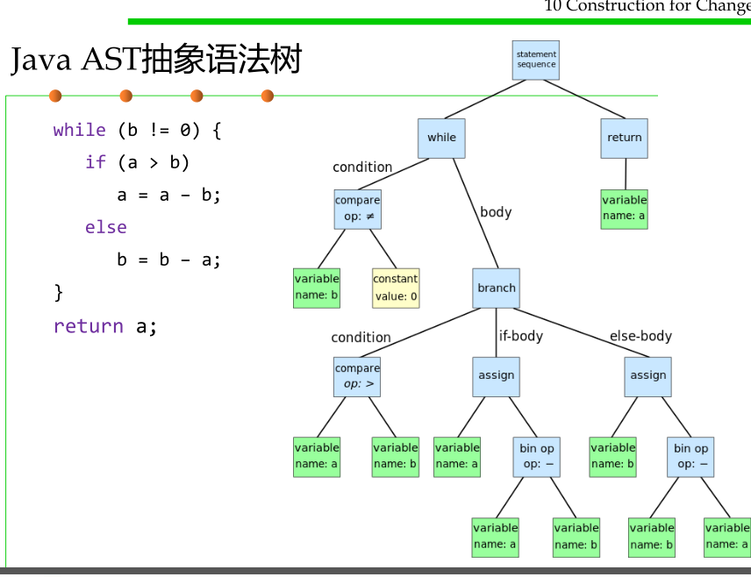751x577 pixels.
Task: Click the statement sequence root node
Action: click(535, 60)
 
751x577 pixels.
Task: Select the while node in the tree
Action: click(441, 138)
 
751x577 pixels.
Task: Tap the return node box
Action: click(624, 138)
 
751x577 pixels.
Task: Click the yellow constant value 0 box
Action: click(396, 288)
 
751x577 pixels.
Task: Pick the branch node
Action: click(496, 288)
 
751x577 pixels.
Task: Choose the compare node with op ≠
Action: click(357, 210)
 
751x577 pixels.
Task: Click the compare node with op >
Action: click(357, 377)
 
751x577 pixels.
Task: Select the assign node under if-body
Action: click(496, 377)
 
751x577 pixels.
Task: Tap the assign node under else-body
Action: click(647, 377)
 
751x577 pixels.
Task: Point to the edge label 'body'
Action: click(496, 211)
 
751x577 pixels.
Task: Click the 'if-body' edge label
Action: click(521, 336)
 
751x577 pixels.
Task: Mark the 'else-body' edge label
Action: click(640, 336)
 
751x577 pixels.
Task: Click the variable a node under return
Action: click(624, 210)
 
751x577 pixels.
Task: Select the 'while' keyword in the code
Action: click(80, 130)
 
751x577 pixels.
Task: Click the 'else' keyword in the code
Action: click(106, 227)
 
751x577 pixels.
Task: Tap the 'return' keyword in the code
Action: click(89, 326)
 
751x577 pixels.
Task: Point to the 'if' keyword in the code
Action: click(96, 162)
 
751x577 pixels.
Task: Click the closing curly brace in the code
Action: click(59, 292)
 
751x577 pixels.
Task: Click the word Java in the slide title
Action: click(40, 60)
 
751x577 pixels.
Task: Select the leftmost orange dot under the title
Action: click(55, 96)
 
